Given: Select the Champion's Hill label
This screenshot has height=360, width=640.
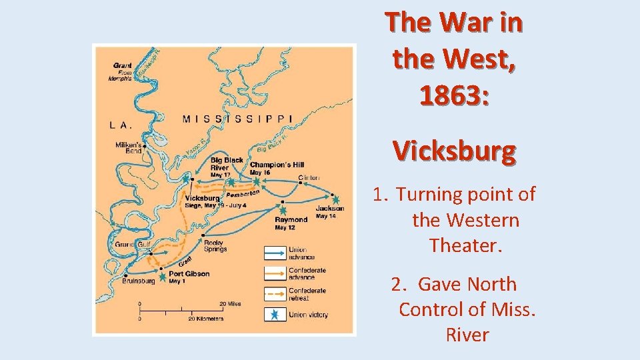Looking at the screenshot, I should (277, 165).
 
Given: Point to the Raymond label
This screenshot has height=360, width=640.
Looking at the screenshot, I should (291, 219).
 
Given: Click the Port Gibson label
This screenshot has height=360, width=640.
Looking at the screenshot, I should (189, 273).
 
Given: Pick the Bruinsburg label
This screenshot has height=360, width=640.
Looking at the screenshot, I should (139, 281).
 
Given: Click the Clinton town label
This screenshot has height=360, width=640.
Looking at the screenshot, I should (309, 178).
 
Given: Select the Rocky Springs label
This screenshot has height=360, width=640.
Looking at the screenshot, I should (215, 245).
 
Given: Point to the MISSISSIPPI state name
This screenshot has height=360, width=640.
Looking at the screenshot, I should (237, 119).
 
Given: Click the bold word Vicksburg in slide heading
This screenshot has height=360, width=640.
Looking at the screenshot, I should (454, 151).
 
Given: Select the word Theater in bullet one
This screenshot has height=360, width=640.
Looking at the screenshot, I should (465, 245).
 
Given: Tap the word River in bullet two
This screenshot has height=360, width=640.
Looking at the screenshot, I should (467, 334).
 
